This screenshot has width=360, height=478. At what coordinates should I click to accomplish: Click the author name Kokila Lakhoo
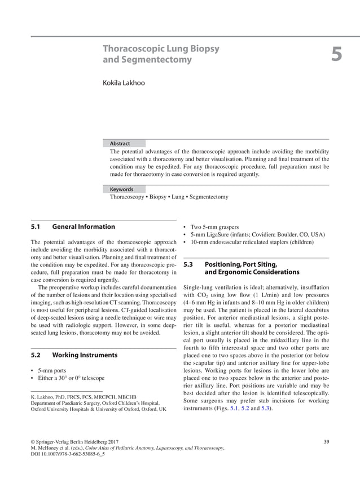point(123,83)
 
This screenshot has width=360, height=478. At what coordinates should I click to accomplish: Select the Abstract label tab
point(120,144)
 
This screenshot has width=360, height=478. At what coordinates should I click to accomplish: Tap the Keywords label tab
point(121,189)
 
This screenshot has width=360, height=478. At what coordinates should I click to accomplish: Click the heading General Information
point(84,227)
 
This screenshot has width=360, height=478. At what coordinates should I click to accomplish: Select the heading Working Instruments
point(85,355)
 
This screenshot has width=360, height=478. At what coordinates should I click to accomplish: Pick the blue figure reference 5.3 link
point(265,408)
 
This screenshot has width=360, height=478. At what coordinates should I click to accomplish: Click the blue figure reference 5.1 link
point(231,408)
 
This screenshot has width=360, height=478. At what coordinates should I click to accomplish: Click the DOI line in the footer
point(67,453)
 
